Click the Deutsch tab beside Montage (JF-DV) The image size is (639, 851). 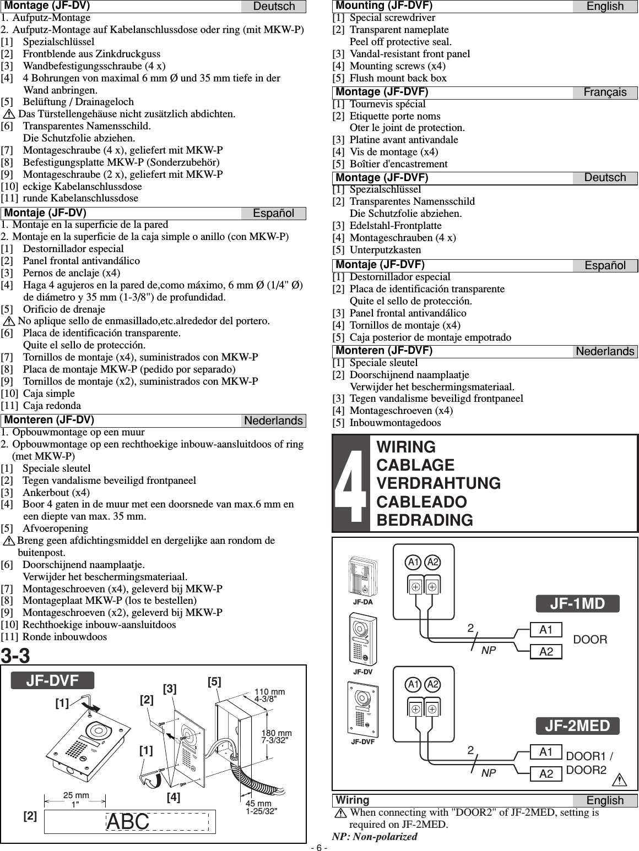point(273,7)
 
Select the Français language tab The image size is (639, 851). point(605,92)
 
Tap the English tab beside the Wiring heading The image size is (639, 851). point(605,801)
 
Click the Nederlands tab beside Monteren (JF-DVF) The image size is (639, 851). point(605,351)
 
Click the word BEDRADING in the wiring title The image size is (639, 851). point(424,520)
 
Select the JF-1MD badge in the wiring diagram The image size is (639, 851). point(578,604)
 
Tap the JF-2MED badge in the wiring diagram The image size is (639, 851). point(578,726)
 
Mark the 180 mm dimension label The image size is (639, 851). point(276,734)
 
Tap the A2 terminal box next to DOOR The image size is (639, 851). point(546,652)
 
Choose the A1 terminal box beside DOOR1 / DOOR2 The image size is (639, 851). point(546,752)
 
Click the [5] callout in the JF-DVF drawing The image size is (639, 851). point(215,681)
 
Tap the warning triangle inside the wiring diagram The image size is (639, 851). point(622,780)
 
